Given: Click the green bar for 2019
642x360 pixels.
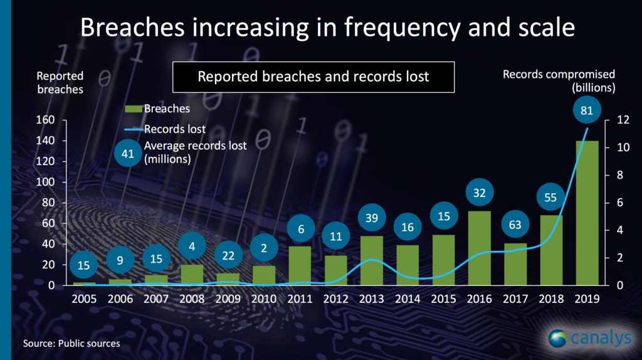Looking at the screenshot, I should (x=587, y=213).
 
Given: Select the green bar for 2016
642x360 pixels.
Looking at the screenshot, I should (x=480, y=248).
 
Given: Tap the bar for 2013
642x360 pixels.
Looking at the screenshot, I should (x=372, y=260).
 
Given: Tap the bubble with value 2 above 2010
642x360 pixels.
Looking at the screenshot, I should (x=264, y=248).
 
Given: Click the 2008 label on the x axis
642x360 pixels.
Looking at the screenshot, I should (x=192, y=299).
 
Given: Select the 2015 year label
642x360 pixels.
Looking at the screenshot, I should (x=443, y=299).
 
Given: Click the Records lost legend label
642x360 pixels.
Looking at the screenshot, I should (x=175, y=130).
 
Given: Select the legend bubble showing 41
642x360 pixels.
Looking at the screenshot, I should (x=128, y=154).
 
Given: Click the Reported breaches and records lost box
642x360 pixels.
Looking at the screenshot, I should (x=313, y=77).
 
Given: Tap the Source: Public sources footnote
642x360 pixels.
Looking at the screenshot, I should (x=71, y=344).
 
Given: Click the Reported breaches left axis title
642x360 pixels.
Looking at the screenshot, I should (x=60, y=82).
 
